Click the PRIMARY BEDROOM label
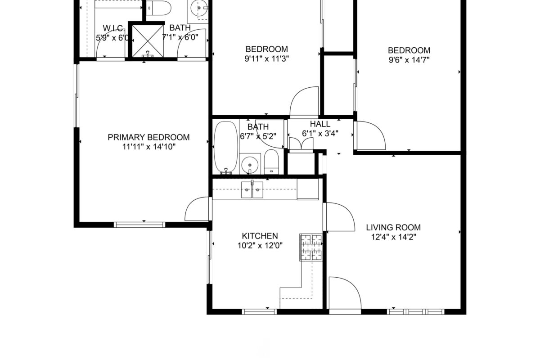coord(148,137)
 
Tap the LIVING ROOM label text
coord(393,227)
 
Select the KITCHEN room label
coord(260,236)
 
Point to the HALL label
coord(320,124)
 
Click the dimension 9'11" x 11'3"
coord(266,58)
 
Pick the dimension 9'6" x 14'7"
coord(409,60)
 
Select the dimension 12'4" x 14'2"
coord(393,237)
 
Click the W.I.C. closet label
coord(114,28)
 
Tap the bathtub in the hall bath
coord(226,147)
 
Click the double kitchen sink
coord(252,190)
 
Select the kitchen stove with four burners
coord(311,247)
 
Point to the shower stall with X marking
coord(148,41)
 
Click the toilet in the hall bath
coord(271,162)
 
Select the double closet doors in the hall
coord(301,144)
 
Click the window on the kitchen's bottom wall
coord(259,312)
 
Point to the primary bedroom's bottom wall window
coord(139,225)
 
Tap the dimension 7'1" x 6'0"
coord(180,38)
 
